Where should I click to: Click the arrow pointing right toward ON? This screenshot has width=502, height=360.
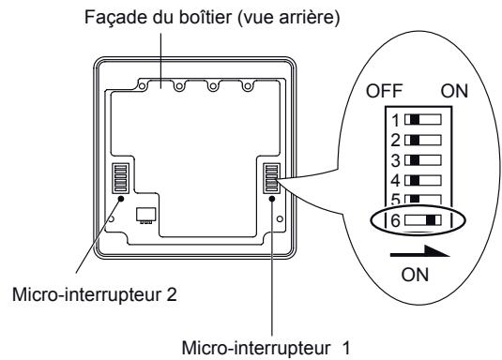click(418, 250)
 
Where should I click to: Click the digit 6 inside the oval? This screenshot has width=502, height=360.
click(396, 219)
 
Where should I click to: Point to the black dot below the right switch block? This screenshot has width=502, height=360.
click(271, 199)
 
